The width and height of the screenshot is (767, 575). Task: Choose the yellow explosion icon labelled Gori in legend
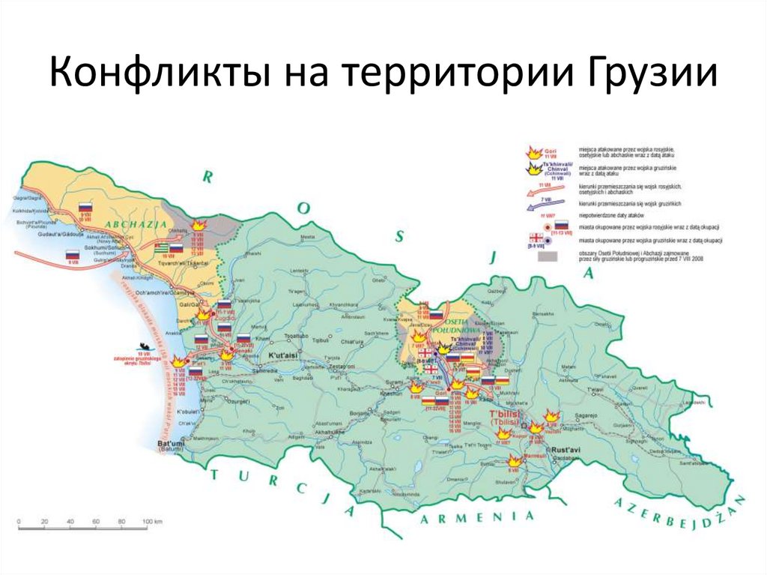pyautogui.click(x=535, y=152)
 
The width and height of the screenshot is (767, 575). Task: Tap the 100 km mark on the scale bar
pyautogui.click(x=148, y=520)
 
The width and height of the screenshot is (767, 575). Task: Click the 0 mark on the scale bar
pyautogui.click(x=19, y=520)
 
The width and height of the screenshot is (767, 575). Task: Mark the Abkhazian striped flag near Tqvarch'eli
pyautogui.click(x=161, y=248)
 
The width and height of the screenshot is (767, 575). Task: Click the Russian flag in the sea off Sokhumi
pyautogui.click(x=73, y=255)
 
